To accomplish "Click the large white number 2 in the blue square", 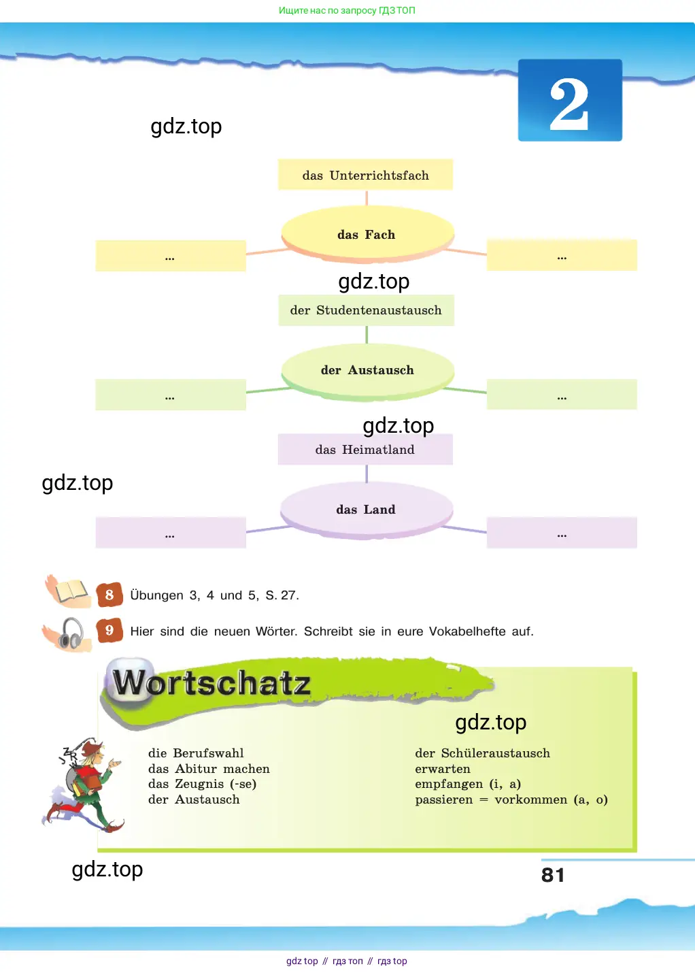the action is tap(569, 104).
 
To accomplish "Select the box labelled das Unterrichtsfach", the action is tap(365, 175).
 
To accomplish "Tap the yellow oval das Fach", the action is tap(367, 235).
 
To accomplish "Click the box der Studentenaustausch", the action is tap(366, 310).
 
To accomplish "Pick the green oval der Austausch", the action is tap(367, 371).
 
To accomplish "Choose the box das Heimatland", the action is tap(365, 449).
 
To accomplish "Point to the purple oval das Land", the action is tap(367, 510).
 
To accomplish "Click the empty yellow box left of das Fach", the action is tap(171, 256).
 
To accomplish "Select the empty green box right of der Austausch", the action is tap(562, 395).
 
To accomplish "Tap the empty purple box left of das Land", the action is tap(171, 533).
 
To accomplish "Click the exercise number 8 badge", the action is tap(109, 595).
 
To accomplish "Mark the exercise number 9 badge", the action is tap(109, 630).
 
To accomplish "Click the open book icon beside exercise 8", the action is tap(69, 591).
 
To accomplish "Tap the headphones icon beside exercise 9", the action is tap(69, 634).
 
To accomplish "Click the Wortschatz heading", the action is tap(212, 683).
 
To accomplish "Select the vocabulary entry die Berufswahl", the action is tap(196, 753).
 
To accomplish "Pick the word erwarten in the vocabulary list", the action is tap(442, 769).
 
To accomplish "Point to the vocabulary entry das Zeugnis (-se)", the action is tap(202, 784).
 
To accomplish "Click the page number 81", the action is tap(553, 875).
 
